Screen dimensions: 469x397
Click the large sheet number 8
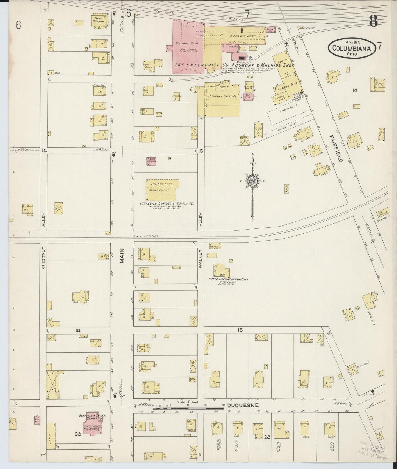(373, 21)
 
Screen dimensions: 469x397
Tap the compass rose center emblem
(252, 181)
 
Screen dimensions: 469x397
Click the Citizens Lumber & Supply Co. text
(167, 203)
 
